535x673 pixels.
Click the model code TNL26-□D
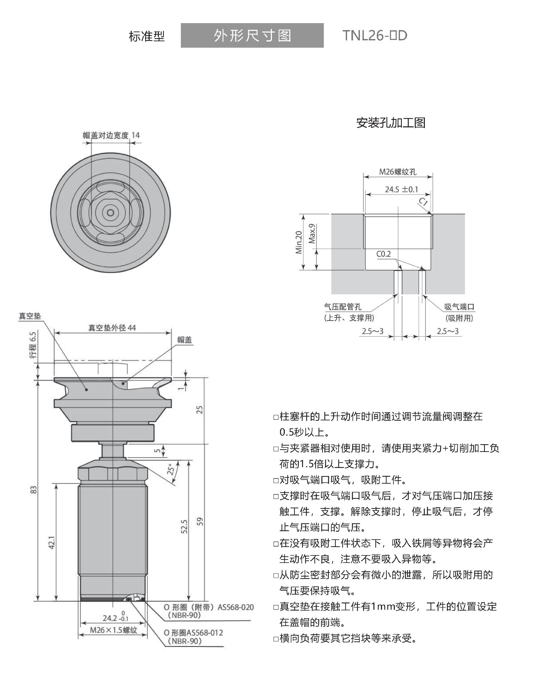pos(374,36)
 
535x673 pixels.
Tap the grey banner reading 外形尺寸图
pos(252,36)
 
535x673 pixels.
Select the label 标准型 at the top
pos(146,37)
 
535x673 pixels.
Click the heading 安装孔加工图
pos(390,123)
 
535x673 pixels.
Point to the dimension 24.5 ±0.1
pos(401,189)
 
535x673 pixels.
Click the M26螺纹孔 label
pos(398,172)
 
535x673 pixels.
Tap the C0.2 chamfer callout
pos(383,254)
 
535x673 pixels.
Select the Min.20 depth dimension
pos(299,242)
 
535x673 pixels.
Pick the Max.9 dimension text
pos(312,233)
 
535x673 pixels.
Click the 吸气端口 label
pos(459,307)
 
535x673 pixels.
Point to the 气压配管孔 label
pos(342,307)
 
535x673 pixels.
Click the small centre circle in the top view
pos(111,213)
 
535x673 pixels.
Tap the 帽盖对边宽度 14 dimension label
pos(111,135)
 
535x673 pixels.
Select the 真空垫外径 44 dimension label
pos(112,328)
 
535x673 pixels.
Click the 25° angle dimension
pos(171,469)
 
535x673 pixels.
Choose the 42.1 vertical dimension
pos(52,542)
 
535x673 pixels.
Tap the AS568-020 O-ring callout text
pos(208,607)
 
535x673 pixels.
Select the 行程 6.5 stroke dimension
pos(33,345)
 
